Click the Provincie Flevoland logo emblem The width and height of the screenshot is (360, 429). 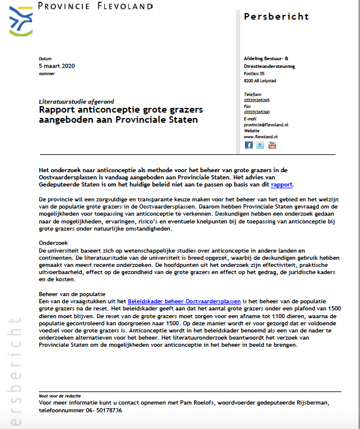pyautogui.click(x=21, y=20)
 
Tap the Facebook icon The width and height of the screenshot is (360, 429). pyautogui.click(x=249, y=145)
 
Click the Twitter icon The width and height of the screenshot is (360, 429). pyautogui.click(x=260, y=145)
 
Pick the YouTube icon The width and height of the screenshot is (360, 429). pyautogui.click(x=272, y=145)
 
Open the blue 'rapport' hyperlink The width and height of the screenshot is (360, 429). pyautogui.click(x=282, y=185)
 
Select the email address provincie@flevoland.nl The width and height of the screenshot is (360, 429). pyautogui.click(x=266, y=125)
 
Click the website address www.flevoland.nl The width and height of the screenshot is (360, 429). pyautogui.click(x=259, y=136)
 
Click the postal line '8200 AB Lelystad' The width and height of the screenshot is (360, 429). pyautogui.click(x=260, y=81)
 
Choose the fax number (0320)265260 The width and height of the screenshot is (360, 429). pyautogui.click(x=257, y=112)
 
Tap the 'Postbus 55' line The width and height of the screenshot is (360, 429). pyautogui.click(x=254, y=73)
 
